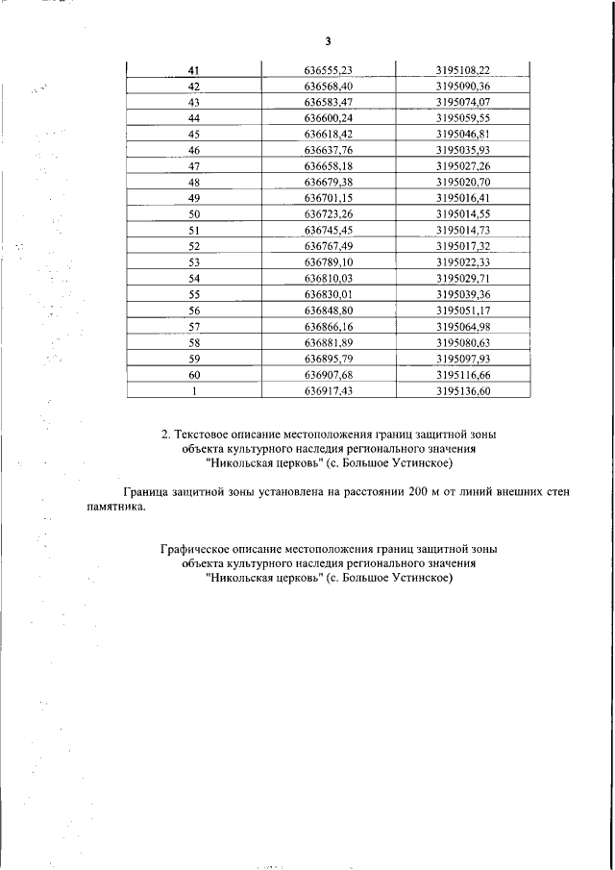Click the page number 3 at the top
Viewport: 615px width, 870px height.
coord(328,40)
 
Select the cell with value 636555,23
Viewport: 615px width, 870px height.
coord(329,69)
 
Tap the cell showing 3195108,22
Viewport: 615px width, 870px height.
coord(462,69)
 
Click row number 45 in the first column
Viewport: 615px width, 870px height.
coord(194,134)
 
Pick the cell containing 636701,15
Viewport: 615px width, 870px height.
coord(329,198)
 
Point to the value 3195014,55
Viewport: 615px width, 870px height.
coord(462,214)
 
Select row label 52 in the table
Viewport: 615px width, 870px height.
coord(194,246)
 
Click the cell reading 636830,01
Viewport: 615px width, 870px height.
coord(329,294)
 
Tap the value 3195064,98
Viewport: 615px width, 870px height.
coord(462,327)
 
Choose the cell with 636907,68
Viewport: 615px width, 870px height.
coord(329,375)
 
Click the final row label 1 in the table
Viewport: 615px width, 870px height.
coord(194,391)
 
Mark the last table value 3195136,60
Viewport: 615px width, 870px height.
coord(462,391)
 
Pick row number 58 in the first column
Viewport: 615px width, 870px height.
coord(194,343)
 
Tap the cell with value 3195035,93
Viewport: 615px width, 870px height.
coord(462,150)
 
